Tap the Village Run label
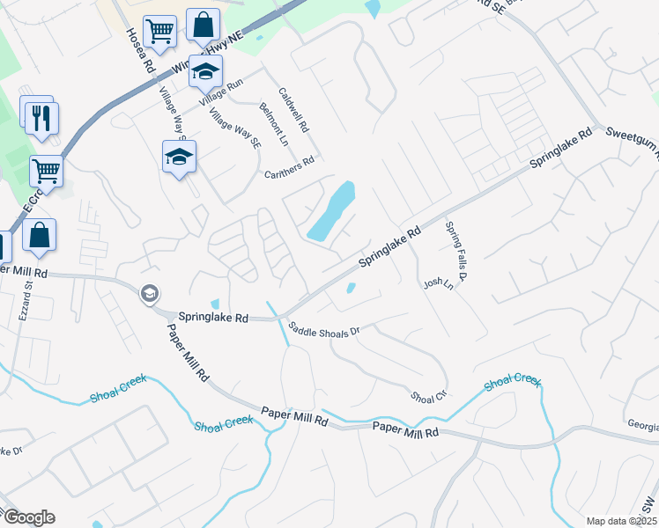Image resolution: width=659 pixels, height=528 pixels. (221, 92)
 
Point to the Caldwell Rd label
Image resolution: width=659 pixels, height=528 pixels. (294, 109)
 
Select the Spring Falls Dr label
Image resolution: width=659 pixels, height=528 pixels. (455, 251)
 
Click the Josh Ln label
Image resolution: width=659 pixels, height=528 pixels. (437, 284)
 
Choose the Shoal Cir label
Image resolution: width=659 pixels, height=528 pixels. (429, 396)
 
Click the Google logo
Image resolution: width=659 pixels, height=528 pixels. (28, 517)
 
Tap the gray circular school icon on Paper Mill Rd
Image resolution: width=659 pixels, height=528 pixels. (150, 293)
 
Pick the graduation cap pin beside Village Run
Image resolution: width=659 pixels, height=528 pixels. (205, 71)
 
